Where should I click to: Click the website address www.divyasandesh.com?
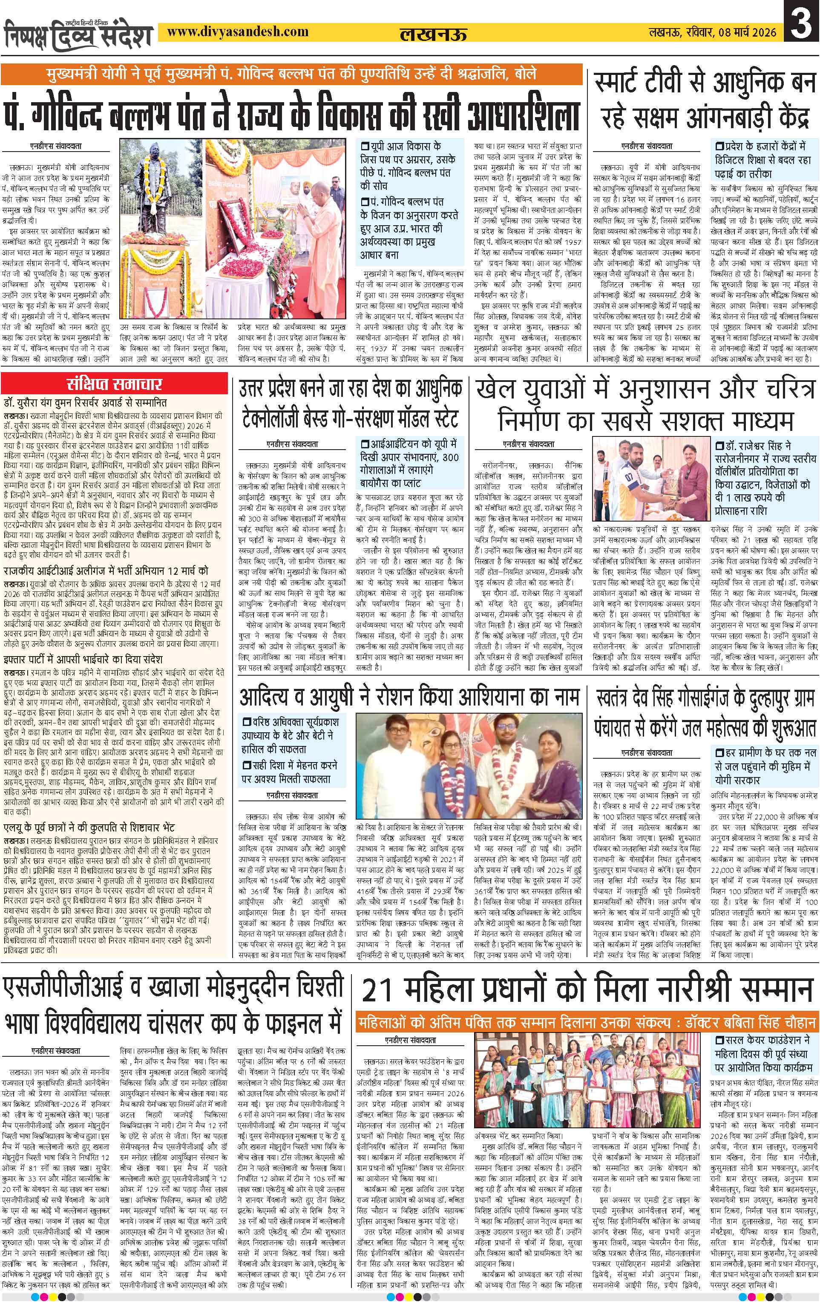pos(238,32)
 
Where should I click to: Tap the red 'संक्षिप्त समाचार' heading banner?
pos(114,385)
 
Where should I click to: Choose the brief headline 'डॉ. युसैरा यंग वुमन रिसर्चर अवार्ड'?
pos(85,403)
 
